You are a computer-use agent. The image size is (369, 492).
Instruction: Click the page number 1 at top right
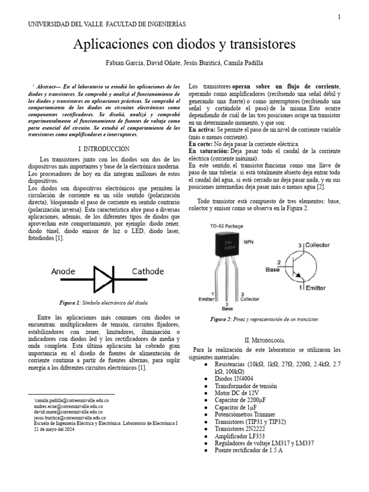pyautogui.click(x=339, y=17)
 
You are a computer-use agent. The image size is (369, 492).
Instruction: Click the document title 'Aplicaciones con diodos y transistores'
pyautogui.click(x=184, y=45)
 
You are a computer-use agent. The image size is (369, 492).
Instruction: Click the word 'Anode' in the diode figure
pyautogui.click(x=66, y=271)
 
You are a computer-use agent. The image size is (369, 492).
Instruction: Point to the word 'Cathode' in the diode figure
pyautogui.click(x=148, y=271)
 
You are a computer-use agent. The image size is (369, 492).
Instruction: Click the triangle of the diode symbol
pyautogui.click(x=101, y=278)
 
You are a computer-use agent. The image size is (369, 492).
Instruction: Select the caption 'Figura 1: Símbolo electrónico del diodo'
pyautogui.click(x=104, y=303)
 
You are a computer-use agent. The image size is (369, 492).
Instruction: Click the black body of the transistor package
pyautogui.click(x=227, y=245)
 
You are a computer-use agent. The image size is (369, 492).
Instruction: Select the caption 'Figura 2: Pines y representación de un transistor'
pyautogui.click(x=265, y=319)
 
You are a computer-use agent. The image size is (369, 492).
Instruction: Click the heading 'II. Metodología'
pyautogui.click(x=265, y=339)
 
